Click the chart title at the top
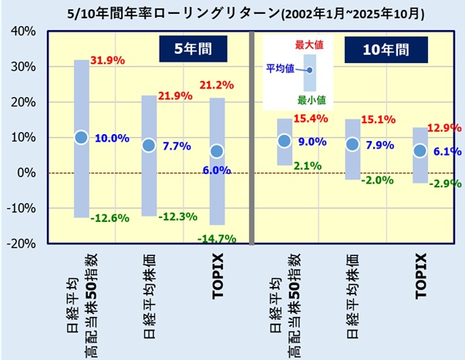pos(232,13)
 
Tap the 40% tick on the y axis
pos(21,32)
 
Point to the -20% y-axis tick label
pos(19,244)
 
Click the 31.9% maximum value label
pos(109,60)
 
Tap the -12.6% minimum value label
pos(109,218)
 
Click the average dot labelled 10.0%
pos(81,137)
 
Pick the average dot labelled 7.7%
pos(149,145)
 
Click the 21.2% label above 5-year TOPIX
pos(217,85)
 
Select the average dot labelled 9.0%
pos(285,140)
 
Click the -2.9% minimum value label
pos(445,183)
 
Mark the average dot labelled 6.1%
pos(420,151)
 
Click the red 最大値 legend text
pos(308,45)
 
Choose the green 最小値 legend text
pos(310,99)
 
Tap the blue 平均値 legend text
pos(280,69)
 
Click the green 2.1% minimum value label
pos(308,165)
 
